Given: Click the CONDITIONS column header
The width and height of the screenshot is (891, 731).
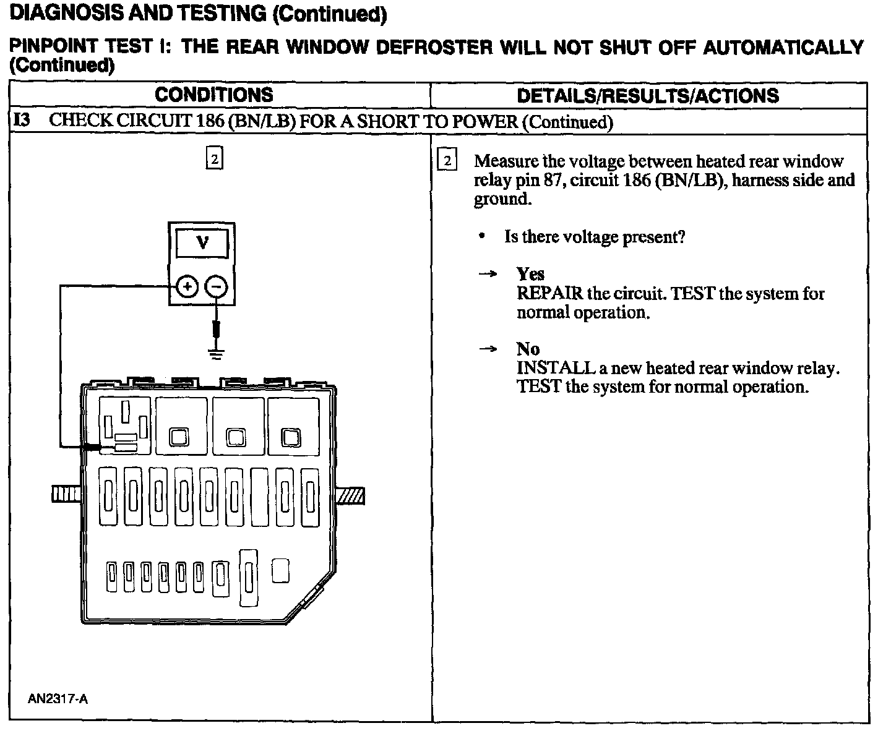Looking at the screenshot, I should tap(213, 95).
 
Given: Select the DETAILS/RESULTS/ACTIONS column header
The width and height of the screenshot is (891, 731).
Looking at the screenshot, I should tap(648, 95).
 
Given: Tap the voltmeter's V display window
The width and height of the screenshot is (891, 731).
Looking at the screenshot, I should tap(202, 243).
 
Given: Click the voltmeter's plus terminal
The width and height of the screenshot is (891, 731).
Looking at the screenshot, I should tap(187, 286).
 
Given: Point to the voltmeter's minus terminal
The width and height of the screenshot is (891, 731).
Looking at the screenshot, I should tap(216, 286).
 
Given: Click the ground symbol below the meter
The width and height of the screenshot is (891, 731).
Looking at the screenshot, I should tap(216, 354).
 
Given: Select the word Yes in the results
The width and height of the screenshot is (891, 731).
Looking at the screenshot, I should tap(530, 273).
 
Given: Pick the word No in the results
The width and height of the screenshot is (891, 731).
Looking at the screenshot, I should tap(528, 349).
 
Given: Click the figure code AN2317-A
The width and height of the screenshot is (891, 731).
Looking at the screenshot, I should tap(58, 699).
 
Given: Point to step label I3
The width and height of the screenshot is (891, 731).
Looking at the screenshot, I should tap(22, 120).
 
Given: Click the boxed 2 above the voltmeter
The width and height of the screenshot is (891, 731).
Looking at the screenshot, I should tap(213, 159).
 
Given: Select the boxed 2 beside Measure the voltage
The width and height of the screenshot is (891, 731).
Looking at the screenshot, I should tap(447, 161).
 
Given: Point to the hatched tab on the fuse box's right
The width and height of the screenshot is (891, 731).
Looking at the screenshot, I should tap(350, 495).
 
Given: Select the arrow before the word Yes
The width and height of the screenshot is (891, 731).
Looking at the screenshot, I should tap(488, 274).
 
